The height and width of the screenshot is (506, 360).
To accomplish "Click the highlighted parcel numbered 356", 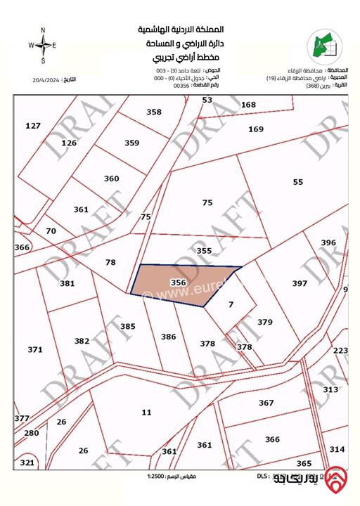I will pyautogui.click(x=179, y=283).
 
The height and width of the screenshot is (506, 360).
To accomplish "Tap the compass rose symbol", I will pyautogui.click(x=43, y=44).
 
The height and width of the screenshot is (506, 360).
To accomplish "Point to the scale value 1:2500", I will pyautogui.click(x=158, y=477).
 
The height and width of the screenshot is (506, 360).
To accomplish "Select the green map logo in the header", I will pyautogui.click(x=323, y=45).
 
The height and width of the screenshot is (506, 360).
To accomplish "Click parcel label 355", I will pyautogui.click(x=204, y=250).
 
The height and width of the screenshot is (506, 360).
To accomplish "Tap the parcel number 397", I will pyautogui.click(x=300, y=283).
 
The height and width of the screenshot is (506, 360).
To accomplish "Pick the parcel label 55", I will pyautogui.click(x=298, y=182).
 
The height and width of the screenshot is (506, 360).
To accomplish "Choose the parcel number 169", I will pyautogui.click(x=255, y=129).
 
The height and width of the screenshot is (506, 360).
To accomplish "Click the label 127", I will pyautogui.click(x=33, y=126).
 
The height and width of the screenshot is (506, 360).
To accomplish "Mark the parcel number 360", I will pyautogui.click(x=112, y=179).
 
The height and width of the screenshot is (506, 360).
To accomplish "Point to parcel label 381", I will pyautogui.click(x=67, y=283).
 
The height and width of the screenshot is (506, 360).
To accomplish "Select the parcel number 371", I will pyautogui.click(x=35, y=349).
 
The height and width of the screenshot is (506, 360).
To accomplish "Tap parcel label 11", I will pyautogui.click(x=146, y=413).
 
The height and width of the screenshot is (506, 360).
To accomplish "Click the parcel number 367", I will pyautogui.click(x=266, y=403).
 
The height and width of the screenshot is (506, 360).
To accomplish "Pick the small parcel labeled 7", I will pyautogui.click(x=230, y=305).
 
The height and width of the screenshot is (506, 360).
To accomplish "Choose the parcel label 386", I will pyautogui.click(x=169, y=337).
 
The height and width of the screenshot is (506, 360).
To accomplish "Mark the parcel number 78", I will pyautogui.click(x=110, y=262).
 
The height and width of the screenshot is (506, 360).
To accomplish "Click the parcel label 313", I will pyautogui.click(x=330, y=389).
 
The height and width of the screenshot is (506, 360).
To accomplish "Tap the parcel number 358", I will pyautogui.click(x=154, y=112).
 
